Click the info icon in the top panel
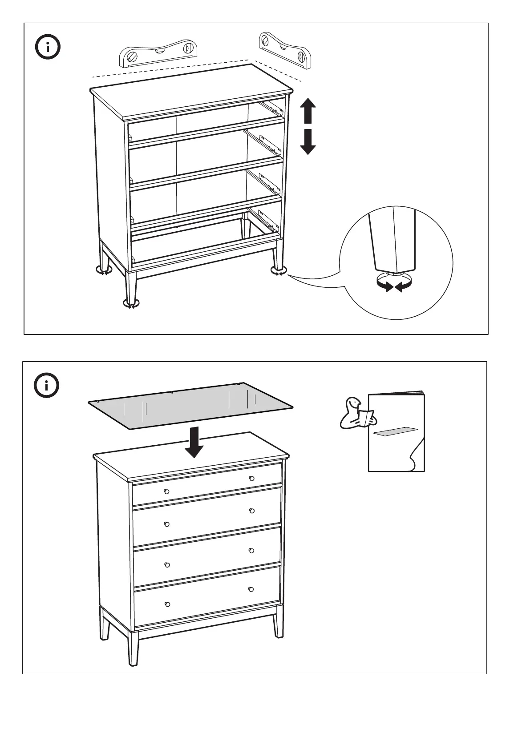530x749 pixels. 48,47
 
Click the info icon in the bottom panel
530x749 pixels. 47,385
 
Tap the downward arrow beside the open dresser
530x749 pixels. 307,141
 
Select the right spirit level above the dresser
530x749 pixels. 284,49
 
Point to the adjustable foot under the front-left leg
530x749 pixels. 131,304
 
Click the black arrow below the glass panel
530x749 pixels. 194,442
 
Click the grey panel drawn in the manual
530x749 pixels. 396,431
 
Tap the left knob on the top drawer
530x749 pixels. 166,491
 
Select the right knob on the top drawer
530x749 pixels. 251,478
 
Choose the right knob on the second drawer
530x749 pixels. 251,511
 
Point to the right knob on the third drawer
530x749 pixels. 251,551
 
